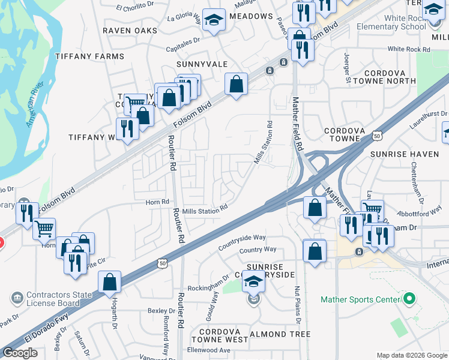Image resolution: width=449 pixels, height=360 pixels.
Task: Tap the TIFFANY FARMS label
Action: tap(89, 56)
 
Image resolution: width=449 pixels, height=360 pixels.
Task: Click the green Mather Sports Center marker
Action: tap(409, 298)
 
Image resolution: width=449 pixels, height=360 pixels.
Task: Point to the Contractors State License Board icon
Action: tap(17, 297)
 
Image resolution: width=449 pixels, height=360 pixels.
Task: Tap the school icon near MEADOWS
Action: tap(213, 21)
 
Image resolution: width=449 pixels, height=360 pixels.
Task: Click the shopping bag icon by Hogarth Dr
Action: tap(110, 282)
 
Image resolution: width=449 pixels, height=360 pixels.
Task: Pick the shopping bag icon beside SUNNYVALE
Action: tap(237, 85)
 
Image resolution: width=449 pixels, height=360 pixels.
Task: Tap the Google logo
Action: tap(20, 353)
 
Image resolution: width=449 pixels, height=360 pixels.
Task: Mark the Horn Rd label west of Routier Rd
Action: tap(157, 202)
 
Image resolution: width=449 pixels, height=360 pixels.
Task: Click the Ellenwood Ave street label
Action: tap(208, 350)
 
